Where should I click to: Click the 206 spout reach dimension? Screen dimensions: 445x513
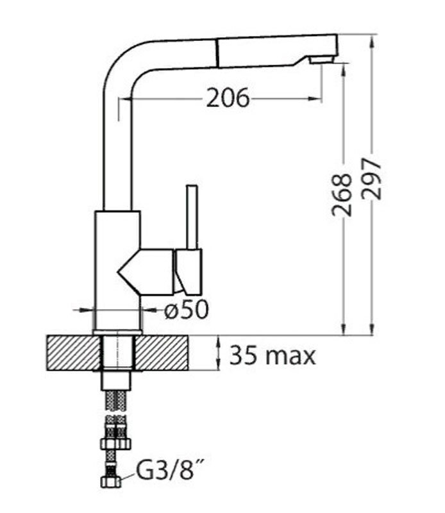point(228,97)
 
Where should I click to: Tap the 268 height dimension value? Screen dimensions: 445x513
point(342,195)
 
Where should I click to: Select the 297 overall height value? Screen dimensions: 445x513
point(371,179)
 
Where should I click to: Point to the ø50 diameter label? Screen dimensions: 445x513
point(186,309)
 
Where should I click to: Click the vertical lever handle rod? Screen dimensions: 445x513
point(192,217)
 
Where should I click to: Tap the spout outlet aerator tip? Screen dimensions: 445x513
point(322,60)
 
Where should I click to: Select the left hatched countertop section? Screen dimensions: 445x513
point(73,353)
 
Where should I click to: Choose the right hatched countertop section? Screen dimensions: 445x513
point(162,353)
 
